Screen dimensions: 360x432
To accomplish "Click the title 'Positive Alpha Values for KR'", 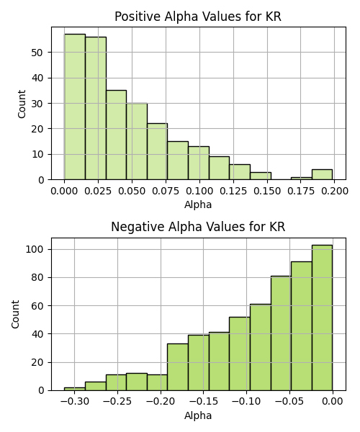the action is (198, 17).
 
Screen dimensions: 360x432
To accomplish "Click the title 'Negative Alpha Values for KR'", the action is (198, 227).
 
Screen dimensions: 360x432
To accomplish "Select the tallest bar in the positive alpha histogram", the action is (75, 107).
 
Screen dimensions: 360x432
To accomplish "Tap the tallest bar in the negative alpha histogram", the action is (323, 318).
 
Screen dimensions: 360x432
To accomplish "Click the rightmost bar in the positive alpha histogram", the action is (323, 174).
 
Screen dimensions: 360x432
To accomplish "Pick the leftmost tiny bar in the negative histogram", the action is (75, 389).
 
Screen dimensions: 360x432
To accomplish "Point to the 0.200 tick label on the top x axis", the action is (334, 191).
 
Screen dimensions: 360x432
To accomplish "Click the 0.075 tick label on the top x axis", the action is (166, 191).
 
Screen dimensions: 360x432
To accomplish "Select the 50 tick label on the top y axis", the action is (37, 53).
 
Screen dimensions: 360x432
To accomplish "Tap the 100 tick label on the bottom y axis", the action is (35, 249).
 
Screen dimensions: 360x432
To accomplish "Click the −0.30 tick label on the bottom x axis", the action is (74, 402).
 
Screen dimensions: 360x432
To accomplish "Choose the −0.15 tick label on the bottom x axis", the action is (204, 402).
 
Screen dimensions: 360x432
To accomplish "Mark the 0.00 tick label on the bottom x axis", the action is (333, 402).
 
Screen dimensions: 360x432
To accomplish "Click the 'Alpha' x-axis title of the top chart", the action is (198, 204).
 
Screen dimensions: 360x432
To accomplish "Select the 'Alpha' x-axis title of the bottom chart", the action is (198, 415).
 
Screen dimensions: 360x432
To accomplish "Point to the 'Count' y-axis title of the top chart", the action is (22, 104).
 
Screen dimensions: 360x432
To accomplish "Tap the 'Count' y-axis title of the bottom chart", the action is (15, 315).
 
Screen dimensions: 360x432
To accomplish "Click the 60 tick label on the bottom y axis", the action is (37, 306).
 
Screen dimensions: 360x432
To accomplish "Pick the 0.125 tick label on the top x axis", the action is (233, 191).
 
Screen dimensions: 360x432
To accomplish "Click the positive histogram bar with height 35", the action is (116, 135).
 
